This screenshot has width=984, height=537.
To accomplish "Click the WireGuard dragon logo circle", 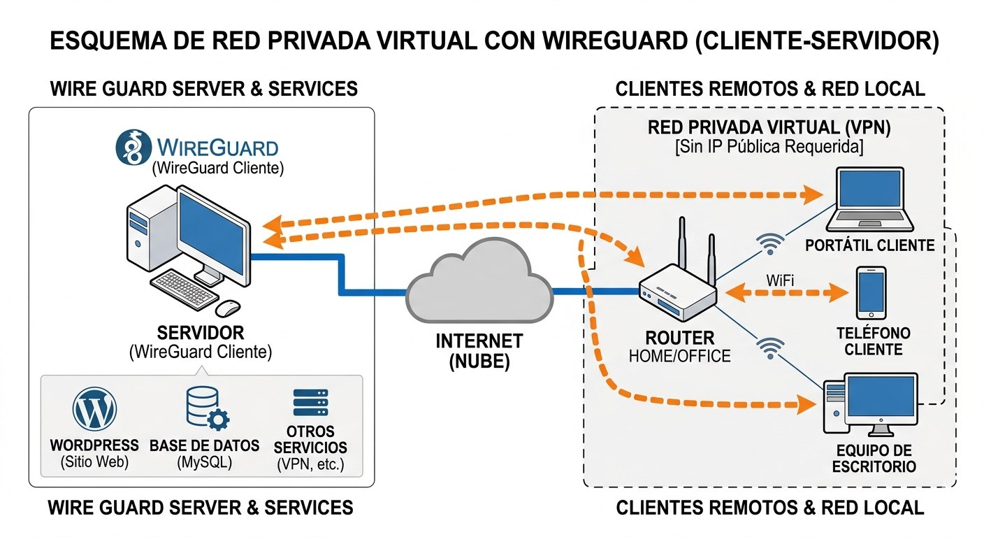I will pyautogui.click(x=132, y=147).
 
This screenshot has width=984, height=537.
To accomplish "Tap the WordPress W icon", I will pyautogui.click(x=94, y=410).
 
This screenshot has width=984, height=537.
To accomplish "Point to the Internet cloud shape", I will pyautogui.click(x=480, y=282).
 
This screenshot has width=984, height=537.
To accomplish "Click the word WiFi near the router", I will pyautogui.click(x=781, y=280).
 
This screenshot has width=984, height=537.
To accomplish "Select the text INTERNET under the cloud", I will pyautogui.click(x=479, y=341).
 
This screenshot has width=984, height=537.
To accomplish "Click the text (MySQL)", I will pyautogui.click(x=204, y=463).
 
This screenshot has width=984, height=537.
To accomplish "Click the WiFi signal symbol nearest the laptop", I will pyautogui.click(x=770, y=245).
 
